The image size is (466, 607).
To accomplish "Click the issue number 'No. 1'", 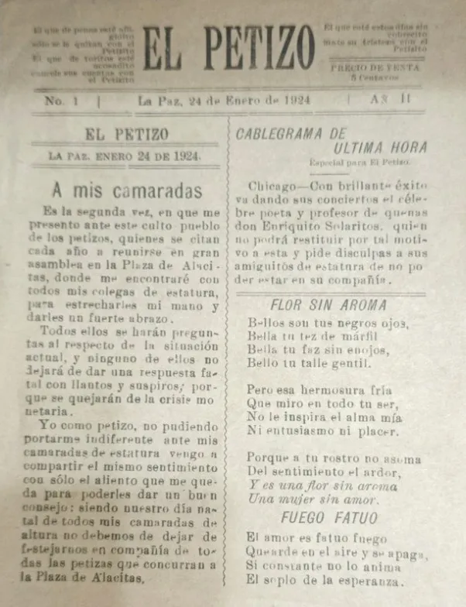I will click(x=57, y=101).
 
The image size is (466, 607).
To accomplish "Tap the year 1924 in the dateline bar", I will click(x=298, y=101).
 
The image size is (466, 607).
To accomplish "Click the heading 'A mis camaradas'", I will click(x=128, y=190).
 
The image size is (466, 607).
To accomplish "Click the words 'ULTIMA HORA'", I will click(x=369, y=148).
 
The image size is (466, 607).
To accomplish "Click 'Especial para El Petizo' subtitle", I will click(x=359, y=163).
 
